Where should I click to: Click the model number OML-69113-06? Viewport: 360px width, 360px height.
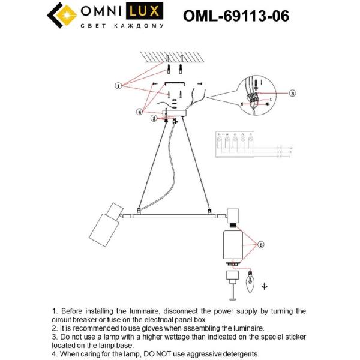pyautogui.click(x=242, y=16)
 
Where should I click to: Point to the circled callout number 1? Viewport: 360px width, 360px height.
pyautogui.click(x=119, y=86)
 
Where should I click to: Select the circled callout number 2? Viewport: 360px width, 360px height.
pyautogui.click(x=154, y=119)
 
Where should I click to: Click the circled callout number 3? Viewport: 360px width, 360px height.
pyautogui.click(x=292, y=94)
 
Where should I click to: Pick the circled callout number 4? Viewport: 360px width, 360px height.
pyautogui.click(x=140, y=111)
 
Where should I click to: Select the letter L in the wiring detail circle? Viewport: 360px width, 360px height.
pyautogui.click(x=271, y=99)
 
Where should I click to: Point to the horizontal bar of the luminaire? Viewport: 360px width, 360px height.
pyautogui.click(x=174, y=214)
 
